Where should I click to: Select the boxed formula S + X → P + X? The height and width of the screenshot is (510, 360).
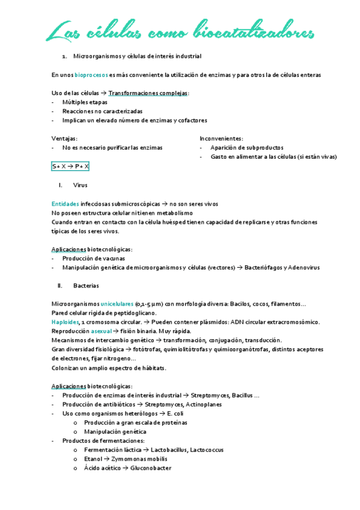coord(70,166)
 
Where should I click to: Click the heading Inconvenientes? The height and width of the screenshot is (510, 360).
coord(221,138)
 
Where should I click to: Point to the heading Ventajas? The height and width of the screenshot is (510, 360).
coord(64,138)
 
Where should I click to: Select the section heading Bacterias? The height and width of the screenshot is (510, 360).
coord(86,285)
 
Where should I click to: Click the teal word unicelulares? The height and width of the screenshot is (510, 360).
coord(117,304)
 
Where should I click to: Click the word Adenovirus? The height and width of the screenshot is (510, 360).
coord(303,267)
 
